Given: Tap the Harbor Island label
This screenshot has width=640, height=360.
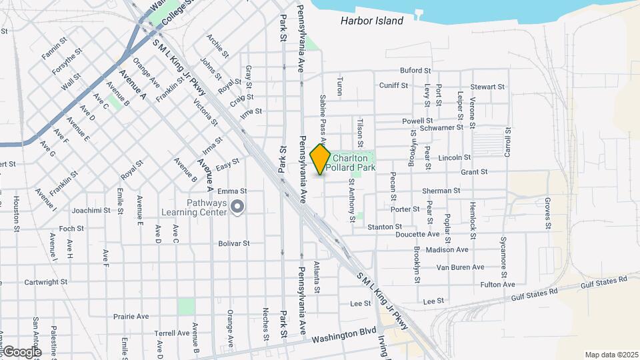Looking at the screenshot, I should click(x=371, y=21).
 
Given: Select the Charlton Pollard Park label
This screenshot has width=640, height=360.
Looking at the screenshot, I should click(x=354, y=163).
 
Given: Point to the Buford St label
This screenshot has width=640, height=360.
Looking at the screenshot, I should click(x=415, y=70).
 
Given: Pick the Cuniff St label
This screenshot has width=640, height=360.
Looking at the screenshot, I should click(x=393, y=85).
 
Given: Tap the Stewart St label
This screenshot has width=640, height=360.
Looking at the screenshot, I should click(x=487, y=87).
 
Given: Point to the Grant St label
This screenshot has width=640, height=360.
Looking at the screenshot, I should click(x=474, y=172).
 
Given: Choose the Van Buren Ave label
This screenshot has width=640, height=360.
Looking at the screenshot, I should click(x=459, y=267).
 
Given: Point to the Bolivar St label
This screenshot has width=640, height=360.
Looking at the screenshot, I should click(x=233, y=243).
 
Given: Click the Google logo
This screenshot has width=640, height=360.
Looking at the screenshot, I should click(x=21, y=351).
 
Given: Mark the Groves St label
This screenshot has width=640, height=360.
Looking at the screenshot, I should click(x=547, y=213).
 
